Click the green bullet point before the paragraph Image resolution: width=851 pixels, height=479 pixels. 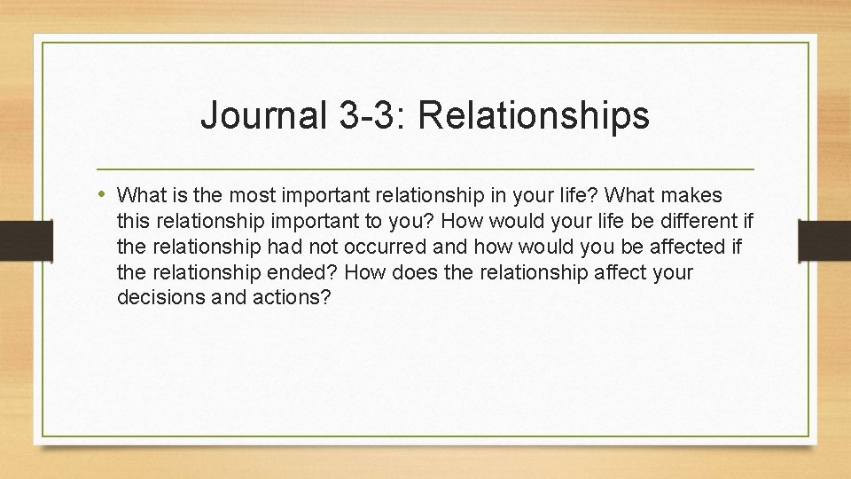pyautogui.click(x=104, y=193)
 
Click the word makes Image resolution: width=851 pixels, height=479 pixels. pyautogui.click(x=694, y=194)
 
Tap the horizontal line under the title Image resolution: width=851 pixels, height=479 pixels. pyautogui.click(x=425, y=169)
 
